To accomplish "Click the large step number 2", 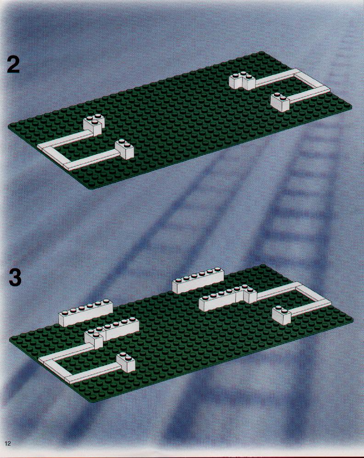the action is click(13, 65).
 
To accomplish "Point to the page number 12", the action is click(8, 443).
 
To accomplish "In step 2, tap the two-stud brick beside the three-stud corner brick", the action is click(280, 102).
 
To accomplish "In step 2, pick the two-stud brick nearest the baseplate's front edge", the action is click(124, 150).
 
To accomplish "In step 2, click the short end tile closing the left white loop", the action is click(55, 155).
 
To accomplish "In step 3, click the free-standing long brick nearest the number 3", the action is click(86, 313).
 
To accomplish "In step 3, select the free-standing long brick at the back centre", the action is click(199, 280).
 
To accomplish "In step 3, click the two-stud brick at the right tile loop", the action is click(282, 316).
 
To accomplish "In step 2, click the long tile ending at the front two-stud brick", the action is click(91, 160).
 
